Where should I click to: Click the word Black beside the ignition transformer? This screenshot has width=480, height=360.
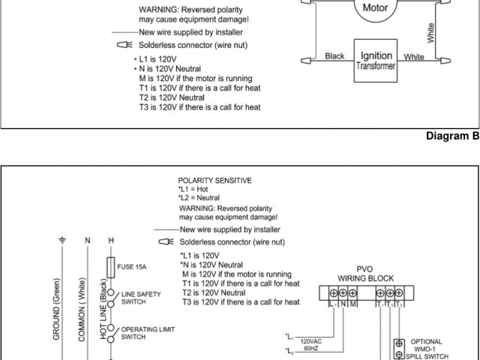334,56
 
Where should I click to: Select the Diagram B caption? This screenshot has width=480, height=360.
451,136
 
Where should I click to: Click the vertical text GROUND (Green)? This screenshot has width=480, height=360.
55,315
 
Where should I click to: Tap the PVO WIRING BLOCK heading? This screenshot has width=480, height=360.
364,273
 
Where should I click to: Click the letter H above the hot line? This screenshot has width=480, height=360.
112,240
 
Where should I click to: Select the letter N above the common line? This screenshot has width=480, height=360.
87,240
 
